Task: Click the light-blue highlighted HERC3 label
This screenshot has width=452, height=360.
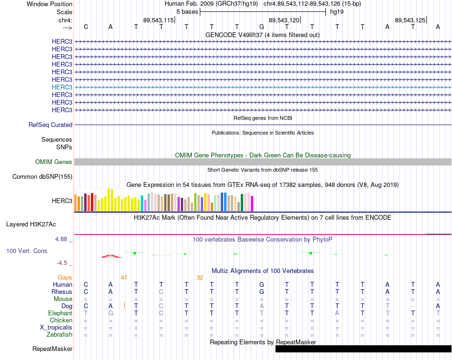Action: click(62, 87)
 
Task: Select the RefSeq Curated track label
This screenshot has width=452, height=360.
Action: click(50, 125)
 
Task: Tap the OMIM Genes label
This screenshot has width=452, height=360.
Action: click(54, 162)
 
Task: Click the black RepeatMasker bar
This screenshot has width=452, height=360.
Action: click(363, 349)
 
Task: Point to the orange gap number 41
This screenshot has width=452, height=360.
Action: click(124, 278)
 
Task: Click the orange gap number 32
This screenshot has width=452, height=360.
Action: click(200, 278)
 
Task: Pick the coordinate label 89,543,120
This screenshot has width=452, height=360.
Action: click(284, 20)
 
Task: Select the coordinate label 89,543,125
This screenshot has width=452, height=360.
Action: click(410, 20)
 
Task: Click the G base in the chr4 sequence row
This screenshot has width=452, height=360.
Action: click(262, 27)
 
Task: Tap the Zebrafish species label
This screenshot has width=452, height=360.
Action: click(59, 335)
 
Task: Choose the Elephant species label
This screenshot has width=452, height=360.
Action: click(60, 313)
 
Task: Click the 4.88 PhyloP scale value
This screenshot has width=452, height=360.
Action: click(61, 239)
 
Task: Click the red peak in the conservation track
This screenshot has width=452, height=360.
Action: click(111, 256)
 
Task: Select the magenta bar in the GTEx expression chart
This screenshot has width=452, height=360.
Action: click(252, 204)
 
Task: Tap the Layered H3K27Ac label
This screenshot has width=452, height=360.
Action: click(31, 224)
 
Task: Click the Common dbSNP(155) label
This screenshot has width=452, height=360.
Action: click(42, 177)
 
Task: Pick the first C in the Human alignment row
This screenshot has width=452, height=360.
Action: click(86, 285)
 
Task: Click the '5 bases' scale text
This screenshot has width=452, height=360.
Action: click(187, 12)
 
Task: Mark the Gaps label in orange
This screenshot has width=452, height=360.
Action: click(65, 278)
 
